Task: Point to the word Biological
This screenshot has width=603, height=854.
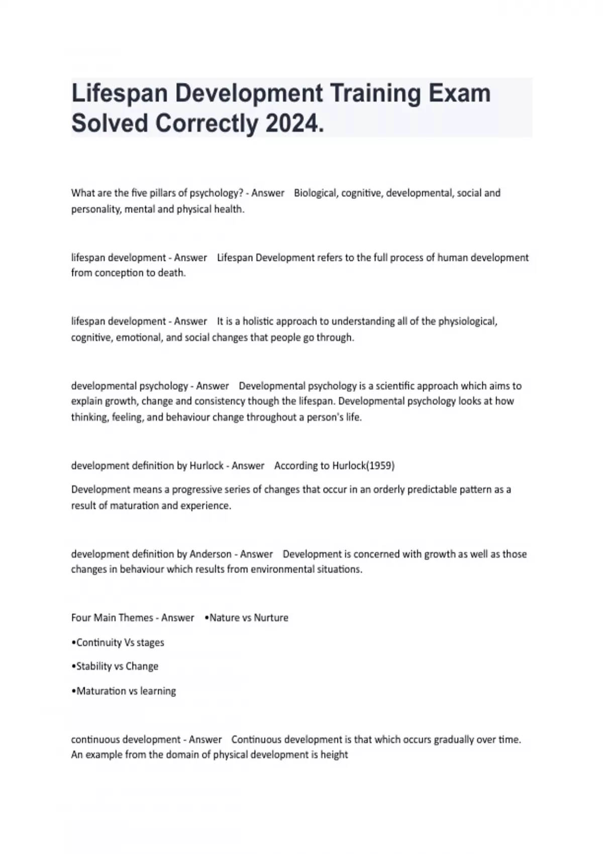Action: (315, 193)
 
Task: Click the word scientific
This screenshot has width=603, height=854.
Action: (400, 386)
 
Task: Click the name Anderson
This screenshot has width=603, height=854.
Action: (211, 554)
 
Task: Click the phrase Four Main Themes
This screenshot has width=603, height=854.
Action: (112, 618)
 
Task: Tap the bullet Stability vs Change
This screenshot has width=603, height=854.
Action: (117, 667)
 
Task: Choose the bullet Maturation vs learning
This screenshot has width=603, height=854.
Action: (126, 691)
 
